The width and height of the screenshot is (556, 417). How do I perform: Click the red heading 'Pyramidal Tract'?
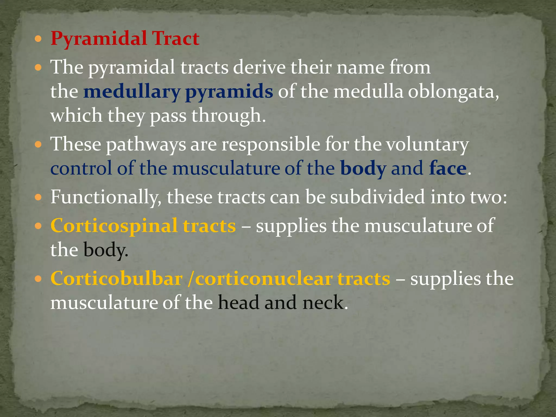tap(125, 39)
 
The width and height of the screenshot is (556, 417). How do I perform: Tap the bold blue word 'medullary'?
tap(132, 92)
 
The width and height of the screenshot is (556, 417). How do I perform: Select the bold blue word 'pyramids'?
tap(229, 92)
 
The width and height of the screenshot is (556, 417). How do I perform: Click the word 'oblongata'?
tap(453, 92)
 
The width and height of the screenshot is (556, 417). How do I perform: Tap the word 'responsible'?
tap(271, 144)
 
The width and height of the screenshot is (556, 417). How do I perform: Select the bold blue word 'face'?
tap(448, 168)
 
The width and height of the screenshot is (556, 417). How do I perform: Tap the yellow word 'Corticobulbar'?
tap(116, 279)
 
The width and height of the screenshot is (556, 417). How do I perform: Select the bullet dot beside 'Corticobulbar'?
tap(38, 279)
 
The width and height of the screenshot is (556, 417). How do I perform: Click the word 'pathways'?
tap(146, 144)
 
